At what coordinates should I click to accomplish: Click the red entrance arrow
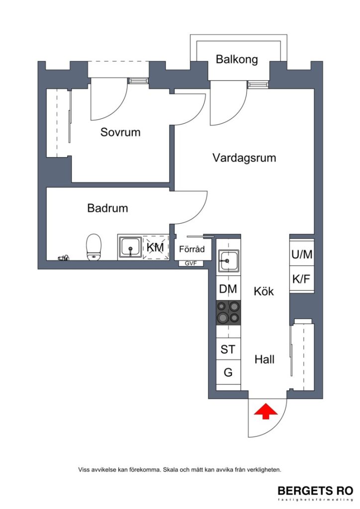point(266,412)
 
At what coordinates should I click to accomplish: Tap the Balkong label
point(237,60)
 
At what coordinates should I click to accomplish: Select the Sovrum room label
point(120,132)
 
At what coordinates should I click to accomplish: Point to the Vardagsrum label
point(244,158)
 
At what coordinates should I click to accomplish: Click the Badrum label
point(107,208)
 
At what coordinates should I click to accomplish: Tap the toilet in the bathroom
point(93,247)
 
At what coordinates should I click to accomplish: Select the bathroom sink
point(131,247)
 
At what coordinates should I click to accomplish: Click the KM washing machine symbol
point(156,247)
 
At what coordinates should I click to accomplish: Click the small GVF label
point(191,263)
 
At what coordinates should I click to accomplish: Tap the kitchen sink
point(228,260)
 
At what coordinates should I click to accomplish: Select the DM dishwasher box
point(228,289)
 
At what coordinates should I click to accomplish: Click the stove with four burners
point(228,313)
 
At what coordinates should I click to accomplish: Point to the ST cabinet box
point(228,349)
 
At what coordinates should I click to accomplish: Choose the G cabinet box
point(228,372)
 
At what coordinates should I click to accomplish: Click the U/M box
point(302,254)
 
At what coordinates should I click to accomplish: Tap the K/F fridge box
point(302,279)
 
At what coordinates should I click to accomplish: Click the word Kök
point(264,291)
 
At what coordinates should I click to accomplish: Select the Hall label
point(265,359)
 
